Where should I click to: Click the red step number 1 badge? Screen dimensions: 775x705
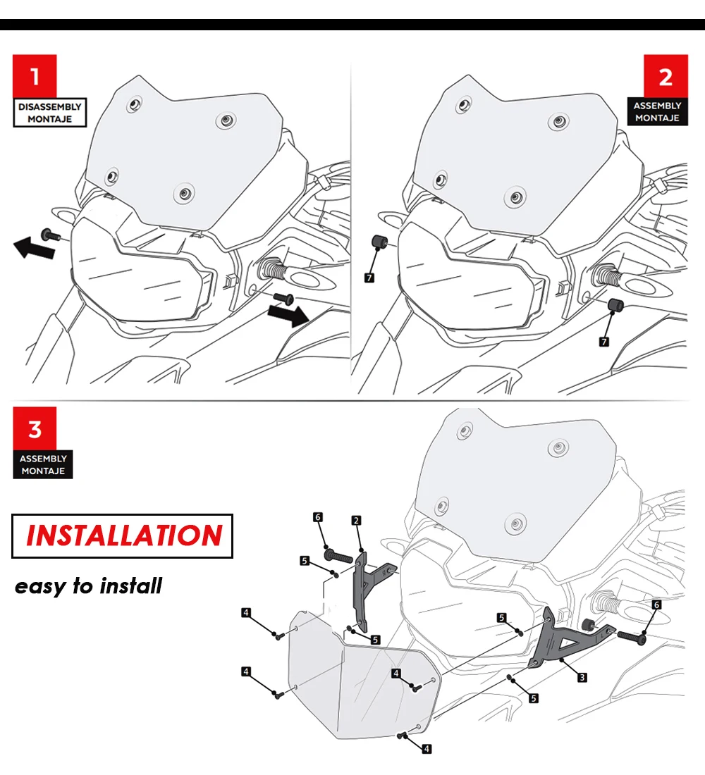pyautogui.click(x=35, y=75)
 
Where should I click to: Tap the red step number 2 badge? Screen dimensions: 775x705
pyautogui.click(x=666, y=75)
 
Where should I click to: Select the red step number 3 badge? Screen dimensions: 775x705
pyautogui.click(x=35, y=428)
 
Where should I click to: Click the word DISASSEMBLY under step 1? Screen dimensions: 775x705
pyautogui.click(x=50, y=106)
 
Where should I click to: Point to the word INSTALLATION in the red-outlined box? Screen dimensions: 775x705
pyautogui.click(x=123, y=535)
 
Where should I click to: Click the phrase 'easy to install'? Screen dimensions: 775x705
pyautogui.click(x=88, y=585)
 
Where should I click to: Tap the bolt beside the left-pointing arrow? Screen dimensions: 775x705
pyautogui.click(x=49, y=233)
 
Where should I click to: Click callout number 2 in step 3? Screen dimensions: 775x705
pyautogui.click(x=356, y=521)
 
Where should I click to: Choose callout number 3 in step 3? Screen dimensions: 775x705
pyautogui.click(x=582, y=677)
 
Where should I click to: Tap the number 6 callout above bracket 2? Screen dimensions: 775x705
pyautogui.click(x=318, y=517)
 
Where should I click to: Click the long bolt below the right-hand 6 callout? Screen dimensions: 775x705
pyautogui.click(x=633, y=635)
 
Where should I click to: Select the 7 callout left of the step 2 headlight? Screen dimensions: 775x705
pyautogui.click(x=370, y=278)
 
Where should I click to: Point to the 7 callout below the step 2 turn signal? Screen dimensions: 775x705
pyautogui.click(x=604, y=341)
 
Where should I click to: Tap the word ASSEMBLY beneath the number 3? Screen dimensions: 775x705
pyautogui.click(x=43, y=459)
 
